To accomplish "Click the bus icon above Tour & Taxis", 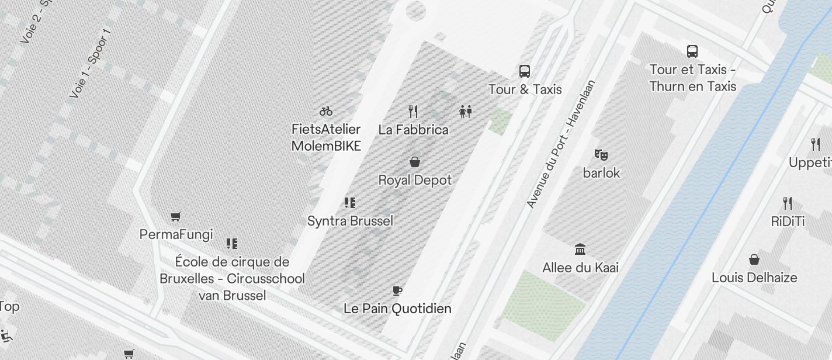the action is point(525,71).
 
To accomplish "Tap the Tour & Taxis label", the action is point(525,89).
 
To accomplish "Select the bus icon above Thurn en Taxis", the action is point(692,51).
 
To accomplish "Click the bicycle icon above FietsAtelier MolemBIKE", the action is point(326,110).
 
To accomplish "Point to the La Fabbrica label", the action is point(413,130).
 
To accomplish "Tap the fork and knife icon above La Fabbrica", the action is point(414,111).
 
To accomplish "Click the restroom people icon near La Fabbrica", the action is point(465,111).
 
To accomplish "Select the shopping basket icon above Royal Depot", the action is point(415,161).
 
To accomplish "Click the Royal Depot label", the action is point(415,180).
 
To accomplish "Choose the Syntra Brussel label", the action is point(350,221).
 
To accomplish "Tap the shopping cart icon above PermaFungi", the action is point(175,217).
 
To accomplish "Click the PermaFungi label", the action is point(176,234).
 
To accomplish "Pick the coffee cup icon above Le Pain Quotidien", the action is point(397,290).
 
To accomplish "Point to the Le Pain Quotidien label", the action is point(397,309).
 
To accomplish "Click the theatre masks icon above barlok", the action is point(601,155).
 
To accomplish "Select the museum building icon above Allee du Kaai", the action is point(580,250).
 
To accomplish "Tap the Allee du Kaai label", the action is point(580,268).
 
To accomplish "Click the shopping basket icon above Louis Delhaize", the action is point(754,259).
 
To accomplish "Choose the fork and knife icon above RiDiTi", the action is point(788,203).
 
